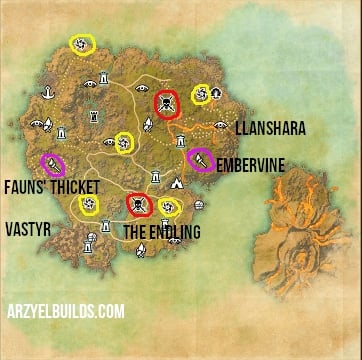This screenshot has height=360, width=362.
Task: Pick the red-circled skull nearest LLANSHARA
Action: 165,103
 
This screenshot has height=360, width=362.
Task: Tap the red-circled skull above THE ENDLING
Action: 138,206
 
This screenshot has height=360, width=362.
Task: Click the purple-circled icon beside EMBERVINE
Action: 198,157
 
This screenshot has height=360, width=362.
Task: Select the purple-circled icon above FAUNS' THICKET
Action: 50,163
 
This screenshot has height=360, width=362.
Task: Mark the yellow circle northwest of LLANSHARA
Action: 202,93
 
